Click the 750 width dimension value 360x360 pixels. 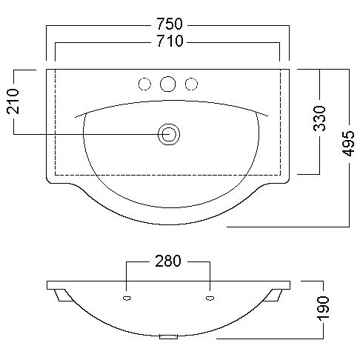coord(170,24)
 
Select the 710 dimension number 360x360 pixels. coord(170,41)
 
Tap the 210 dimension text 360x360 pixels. coord(13,101)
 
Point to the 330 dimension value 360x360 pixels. coord(319,119)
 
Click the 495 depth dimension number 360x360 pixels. coord(348,144)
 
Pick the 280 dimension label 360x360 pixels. coord(168,261)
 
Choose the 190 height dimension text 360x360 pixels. coord(323,308)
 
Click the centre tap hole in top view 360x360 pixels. coord(167,84)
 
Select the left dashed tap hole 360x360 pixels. coord(144,84)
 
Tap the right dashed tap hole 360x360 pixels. coord(191,84)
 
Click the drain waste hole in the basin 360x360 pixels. coord(169,134)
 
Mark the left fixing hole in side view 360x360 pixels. coord(127,299)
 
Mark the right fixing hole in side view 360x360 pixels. coord(210,299)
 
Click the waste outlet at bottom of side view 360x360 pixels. coord(168,337)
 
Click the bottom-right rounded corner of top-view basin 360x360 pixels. coord(287,181)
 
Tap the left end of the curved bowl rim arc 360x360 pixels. coord(75,118)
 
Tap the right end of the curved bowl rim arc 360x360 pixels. coord(268,116)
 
